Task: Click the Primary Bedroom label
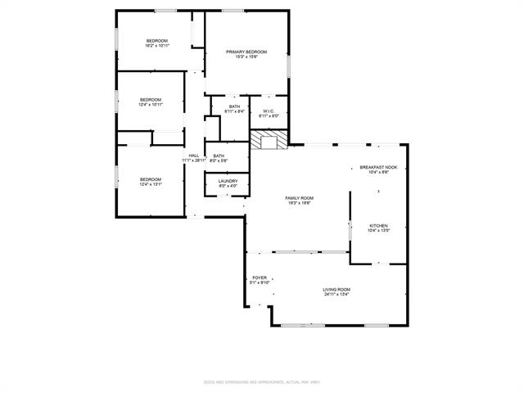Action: (x=246, y=52)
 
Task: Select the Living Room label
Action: (x=337, y=289)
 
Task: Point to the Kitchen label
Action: (x=378, y=226)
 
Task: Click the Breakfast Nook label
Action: (x=378, y=167)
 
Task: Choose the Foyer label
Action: (x=260, y=278)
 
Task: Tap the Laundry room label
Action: (x=228, y=181)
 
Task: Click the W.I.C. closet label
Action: (x=268, y=111)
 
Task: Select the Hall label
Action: (x=194, y=156)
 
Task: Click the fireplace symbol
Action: (x=269, y=142)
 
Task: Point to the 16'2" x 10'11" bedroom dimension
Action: (x=156, y=46)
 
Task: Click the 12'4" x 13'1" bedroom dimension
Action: (x=151, y=184)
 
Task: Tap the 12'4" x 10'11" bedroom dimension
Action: (x=151, y=105)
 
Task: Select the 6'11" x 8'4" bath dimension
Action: (x=234, y=111)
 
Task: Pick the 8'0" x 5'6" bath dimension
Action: (x=219, y=160)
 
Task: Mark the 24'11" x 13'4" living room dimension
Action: (x=337, y=294)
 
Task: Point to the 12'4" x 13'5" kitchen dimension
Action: (x=378, y=231)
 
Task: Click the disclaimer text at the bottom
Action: (x=261, y=382)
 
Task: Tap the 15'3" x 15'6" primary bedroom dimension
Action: (x=246, y=56)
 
